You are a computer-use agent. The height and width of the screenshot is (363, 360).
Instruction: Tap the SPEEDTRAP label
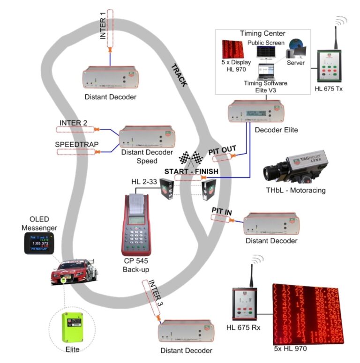72,143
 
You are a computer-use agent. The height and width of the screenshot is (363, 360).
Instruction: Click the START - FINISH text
191,172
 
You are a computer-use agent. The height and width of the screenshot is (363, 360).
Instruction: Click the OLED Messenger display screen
39,244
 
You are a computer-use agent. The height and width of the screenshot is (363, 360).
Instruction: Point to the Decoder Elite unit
255,113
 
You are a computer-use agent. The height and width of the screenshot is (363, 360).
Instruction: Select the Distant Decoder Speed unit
147,138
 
